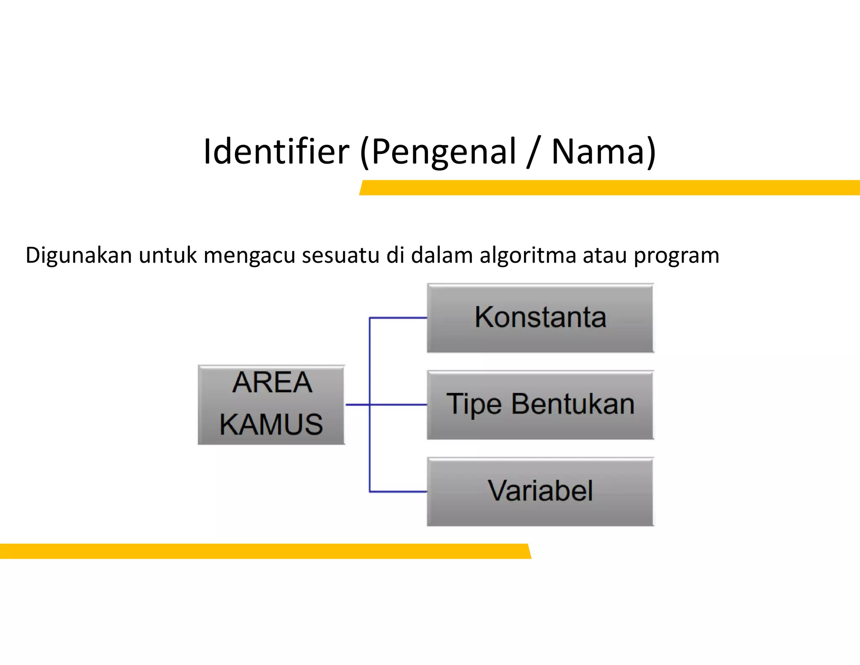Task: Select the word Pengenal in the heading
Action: coord(444,152)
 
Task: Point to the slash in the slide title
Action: coord(532,152)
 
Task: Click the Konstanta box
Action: coord(540,318)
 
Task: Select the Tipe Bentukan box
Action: coord(540,405)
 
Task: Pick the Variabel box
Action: coord(540,491)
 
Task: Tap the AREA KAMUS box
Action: coord(271,404)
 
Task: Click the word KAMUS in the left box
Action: coord(271,424)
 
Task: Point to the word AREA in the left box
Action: coord(272,383)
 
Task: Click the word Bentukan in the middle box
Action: coord(573,404)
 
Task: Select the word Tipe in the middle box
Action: coord(474,405)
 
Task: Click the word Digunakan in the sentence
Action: coord(79,256)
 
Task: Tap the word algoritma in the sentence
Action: coord(528,255)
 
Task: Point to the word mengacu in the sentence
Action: coord(249,256)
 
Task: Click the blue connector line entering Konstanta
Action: coord(398,318)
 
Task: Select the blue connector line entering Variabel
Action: coord(398,491)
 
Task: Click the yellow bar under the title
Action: coord(609,187)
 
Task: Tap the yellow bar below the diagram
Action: coord(265,551)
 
